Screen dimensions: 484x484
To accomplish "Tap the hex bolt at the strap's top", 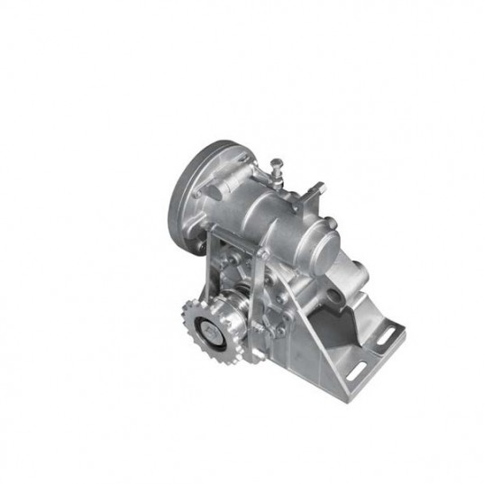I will click(260, 255).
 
